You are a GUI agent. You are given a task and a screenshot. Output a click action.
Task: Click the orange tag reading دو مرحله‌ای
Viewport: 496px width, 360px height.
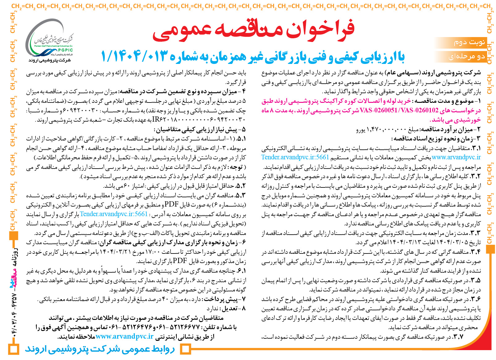(x=466, y=57)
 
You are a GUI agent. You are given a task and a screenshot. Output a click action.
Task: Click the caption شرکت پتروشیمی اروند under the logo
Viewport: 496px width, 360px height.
(x=50, y=60)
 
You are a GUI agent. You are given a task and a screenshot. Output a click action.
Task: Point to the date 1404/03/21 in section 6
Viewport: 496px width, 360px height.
(x=116, y=252)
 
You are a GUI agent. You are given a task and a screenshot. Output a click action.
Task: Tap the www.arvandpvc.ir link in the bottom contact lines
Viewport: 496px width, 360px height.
(x=124, y=336)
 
